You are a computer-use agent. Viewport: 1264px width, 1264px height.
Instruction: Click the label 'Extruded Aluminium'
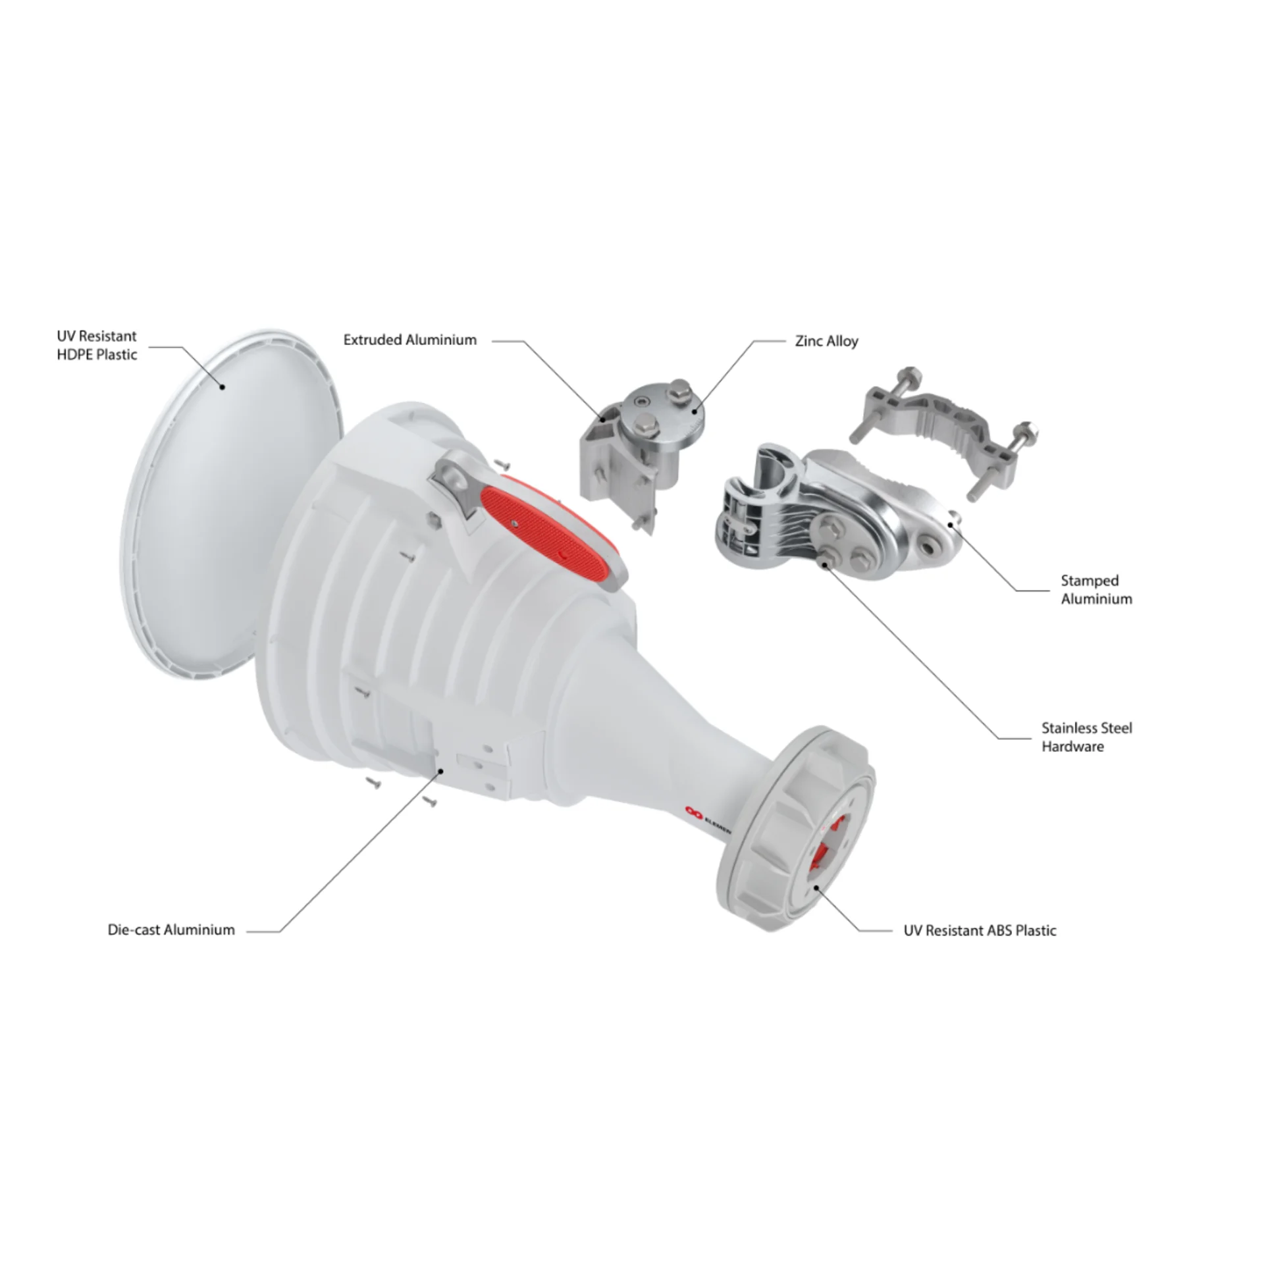tap(410, 340)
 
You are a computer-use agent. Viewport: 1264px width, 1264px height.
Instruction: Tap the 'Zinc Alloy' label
tap(827, 341)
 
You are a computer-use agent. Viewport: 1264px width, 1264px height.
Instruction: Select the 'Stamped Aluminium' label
tap(1096, 589)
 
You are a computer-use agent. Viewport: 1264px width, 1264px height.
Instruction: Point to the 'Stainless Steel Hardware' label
tap(1087, 737)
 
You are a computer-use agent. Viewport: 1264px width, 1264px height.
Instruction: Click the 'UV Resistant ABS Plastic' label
tap(980, 930)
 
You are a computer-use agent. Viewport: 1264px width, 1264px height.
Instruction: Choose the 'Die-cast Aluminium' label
tap(171, 930)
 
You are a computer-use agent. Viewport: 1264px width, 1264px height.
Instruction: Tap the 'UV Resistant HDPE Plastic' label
tap(97, 345)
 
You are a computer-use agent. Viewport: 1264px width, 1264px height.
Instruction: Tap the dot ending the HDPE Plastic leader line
tap(223, 386)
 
